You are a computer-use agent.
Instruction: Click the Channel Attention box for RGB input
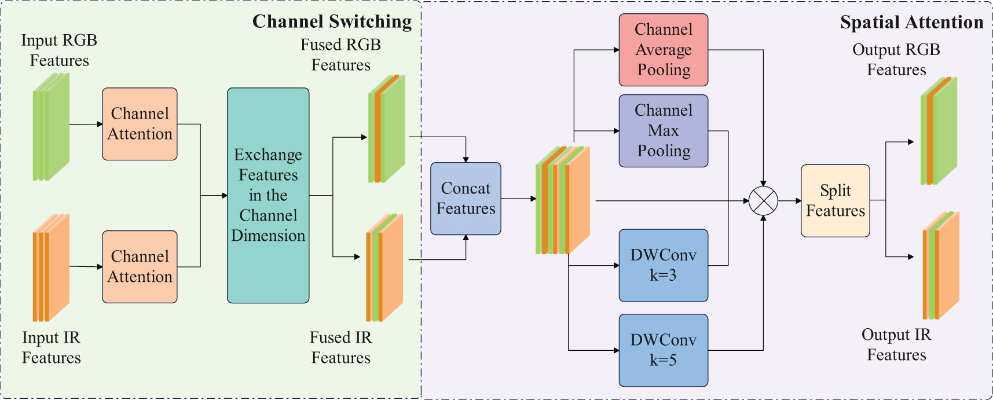[x=140, y=124]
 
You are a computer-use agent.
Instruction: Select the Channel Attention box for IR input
[x=140, y=267]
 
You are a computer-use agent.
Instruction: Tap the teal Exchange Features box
[x=268, y=196]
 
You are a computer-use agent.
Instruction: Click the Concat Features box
[x=466, y=199]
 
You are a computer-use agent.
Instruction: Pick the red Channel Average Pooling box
[x=664, y=50]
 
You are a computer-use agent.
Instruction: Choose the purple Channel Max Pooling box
[x=664, y=131]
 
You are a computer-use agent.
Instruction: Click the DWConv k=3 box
[x=664, y=265]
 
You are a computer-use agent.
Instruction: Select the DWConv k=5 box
[x=664, y=350]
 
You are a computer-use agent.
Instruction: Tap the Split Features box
[x=836, y=201]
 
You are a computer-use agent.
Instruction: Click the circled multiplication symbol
[x=763, y=201]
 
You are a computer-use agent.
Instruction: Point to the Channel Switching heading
[x=332, y=21]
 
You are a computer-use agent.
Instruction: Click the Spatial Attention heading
[x=911, y=23]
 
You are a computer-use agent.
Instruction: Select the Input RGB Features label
[x=59, y=50]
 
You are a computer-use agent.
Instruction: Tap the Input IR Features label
[x=52, y=347]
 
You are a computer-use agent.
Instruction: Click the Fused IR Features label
[x=341, y=347]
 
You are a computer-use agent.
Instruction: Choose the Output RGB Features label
[x=896, y=60]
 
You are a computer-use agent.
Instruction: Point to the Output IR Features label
[x=896, y=344]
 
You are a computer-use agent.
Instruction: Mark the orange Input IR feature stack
[x=51, y=268]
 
